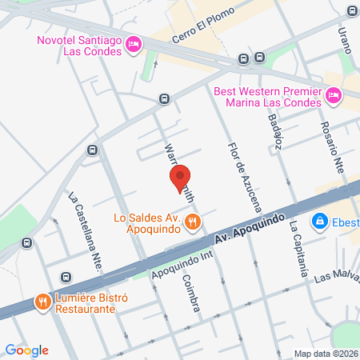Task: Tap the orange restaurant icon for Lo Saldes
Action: coord(191,222)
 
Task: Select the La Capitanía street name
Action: coord(298,248)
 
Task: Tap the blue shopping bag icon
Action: coord(319,219)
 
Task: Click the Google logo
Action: coord(27,350)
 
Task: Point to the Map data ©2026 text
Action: coord(325,354)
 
